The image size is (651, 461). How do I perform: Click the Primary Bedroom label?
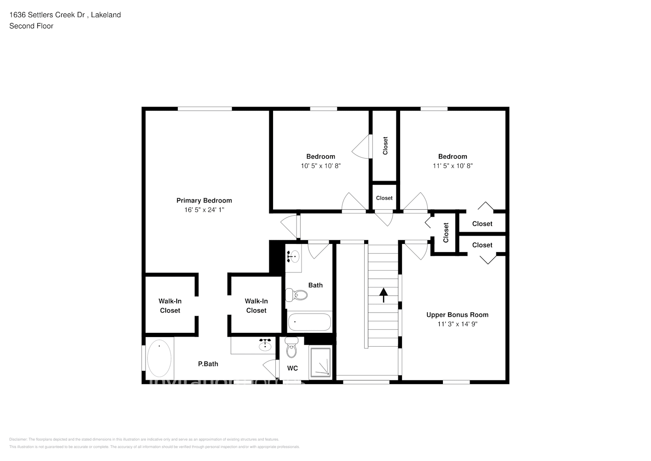coord(204,201)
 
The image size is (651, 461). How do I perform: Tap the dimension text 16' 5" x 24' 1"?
coord(204,210)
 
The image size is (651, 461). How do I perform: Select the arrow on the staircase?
coord(383,295)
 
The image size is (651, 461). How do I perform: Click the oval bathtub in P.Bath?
coord(159,358)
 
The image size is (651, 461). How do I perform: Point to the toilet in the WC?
coord(291,349)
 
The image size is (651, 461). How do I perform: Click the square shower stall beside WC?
coord(320,362)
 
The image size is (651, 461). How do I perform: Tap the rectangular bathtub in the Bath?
coord(309,322)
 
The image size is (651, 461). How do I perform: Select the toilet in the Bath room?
coord(297,295)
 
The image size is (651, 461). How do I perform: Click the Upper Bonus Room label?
coord(457,315)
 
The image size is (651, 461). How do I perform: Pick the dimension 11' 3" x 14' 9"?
coord(457,324)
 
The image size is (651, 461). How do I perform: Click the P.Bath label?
coord(208,364)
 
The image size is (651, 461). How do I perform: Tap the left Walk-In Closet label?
coord(170,306)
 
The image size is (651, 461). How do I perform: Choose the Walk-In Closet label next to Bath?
coord(256,306)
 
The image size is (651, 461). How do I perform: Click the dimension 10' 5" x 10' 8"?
coord(321,166)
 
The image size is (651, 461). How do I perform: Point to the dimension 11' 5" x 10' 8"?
coord(453,166)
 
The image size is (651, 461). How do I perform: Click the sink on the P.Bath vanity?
coord(265,345)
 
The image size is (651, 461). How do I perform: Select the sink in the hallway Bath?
coord(293,256)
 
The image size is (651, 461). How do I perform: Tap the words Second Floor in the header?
coord(31,26)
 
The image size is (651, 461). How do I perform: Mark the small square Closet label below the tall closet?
coord(384,198)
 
